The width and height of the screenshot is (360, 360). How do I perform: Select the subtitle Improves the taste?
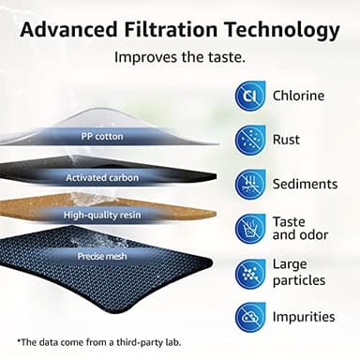179,56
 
